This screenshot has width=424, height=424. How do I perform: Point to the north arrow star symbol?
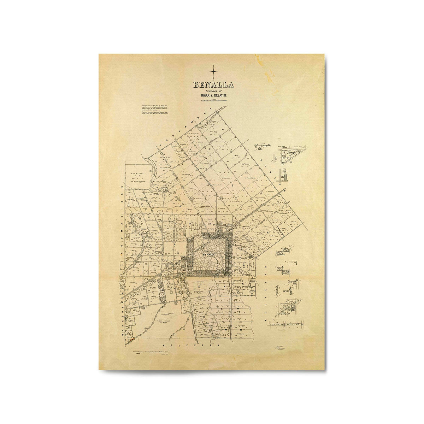[x=214, y=71]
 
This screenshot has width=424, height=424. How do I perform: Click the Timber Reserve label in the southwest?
[x=164, y=322]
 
